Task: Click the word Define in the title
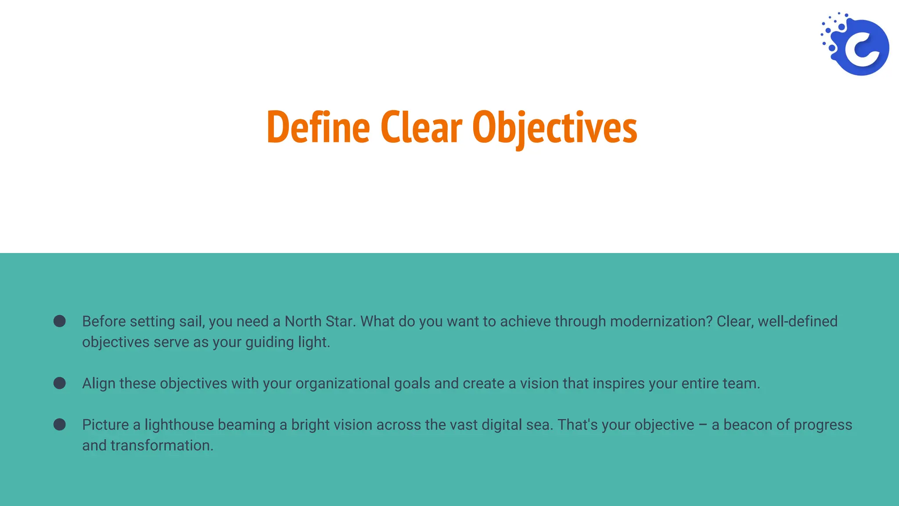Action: coord(318,127)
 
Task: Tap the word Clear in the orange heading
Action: coord(421,127)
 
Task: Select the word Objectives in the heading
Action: coord(554,127)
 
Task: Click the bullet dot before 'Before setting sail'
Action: coord(60,321)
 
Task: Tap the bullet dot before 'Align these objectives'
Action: coord(60,383)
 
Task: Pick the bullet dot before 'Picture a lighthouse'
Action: coord(60,424)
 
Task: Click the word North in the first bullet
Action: coord(302,322)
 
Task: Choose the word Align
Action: coord(99,383)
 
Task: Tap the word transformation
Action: coord(162,445)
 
